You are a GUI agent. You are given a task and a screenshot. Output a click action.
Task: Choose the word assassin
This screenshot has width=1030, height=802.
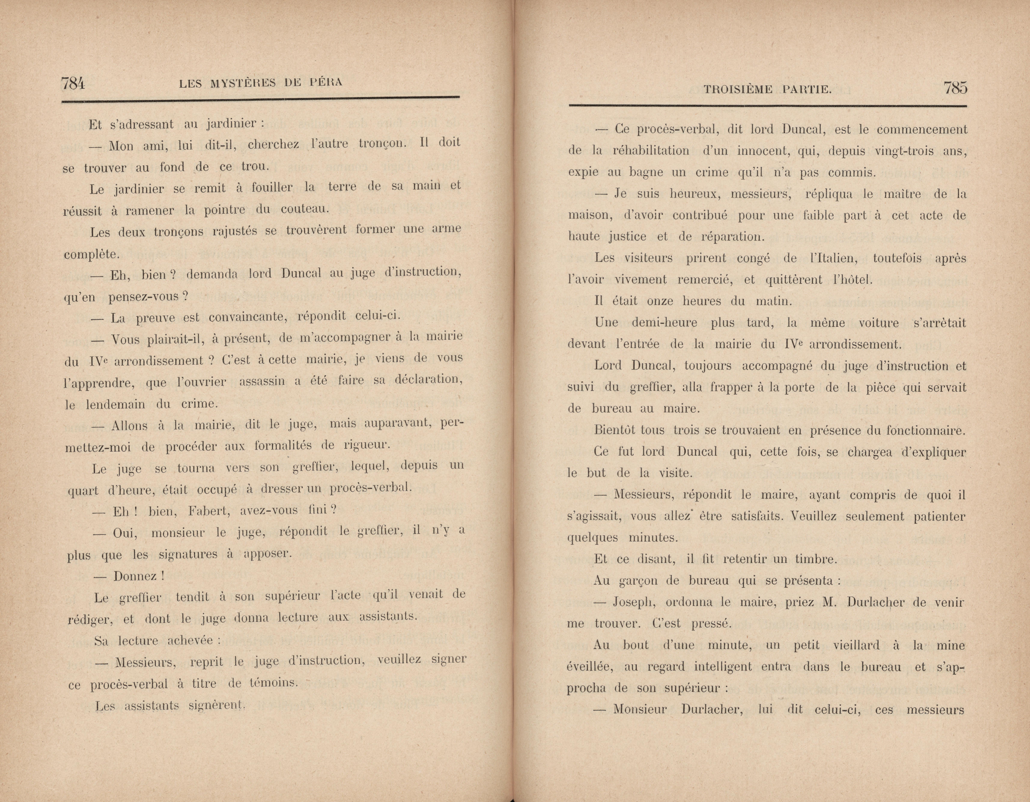(262, 381)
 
